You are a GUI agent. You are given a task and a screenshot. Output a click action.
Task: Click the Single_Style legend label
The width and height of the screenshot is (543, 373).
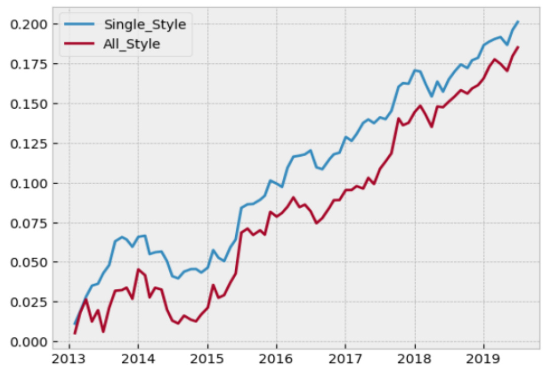tap(144, 24)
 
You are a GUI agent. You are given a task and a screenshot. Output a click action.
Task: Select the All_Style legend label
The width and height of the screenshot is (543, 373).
tap(131, 44)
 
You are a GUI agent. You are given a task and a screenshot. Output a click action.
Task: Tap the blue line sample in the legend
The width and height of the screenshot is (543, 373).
tap(80, 24)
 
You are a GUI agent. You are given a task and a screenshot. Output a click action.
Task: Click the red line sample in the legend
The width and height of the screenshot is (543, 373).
tap(80, 44)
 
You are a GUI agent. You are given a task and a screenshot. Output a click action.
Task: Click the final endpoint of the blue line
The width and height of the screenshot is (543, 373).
tap(518, 21)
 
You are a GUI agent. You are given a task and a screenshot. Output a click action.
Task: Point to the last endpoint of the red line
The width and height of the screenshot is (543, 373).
tap(518, 47)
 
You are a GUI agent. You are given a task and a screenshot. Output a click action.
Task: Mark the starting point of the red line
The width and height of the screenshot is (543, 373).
tap(75, 333)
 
